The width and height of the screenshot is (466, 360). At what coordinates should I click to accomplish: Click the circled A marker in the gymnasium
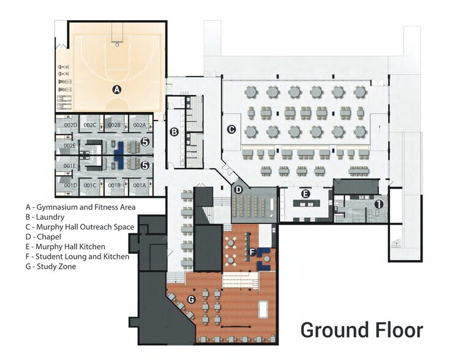116,89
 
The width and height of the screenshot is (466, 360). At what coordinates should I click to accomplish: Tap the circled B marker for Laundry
174,132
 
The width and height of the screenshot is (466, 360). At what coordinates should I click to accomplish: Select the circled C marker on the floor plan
231,129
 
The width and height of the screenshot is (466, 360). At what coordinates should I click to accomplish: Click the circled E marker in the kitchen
306,194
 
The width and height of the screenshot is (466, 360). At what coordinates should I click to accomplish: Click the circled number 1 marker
379,204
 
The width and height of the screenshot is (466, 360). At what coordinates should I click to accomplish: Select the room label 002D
70,126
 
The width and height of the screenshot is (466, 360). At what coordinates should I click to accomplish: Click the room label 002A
139,126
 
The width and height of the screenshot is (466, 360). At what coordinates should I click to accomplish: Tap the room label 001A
139,186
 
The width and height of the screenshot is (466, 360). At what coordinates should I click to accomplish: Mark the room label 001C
91,186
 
